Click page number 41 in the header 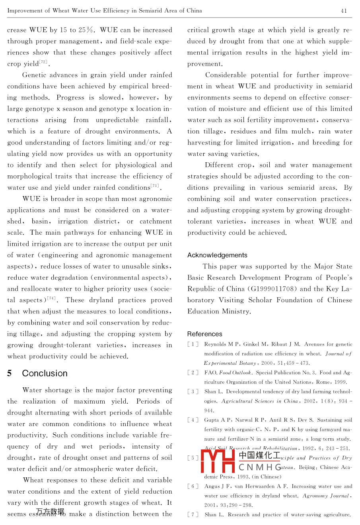pyautogui.click(x=344, y=11)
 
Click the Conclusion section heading pyautogui.click(x=45, y=373)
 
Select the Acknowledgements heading pyautogui.click(x=217, y=255)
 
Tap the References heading pyautogui.click(x=205, y=334)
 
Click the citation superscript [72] pyautogui.click(x=43, y=62)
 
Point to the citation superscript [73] pyautogui.click(x=154, y=186)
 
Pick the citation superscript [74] pyautogui.click(x=51, y=298)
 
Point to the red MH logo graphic pyautogui.click(x=218, y=461)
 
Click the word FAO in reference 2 pyautogui.click(x=210, y=373)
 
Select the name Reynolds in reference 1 pyautogui.click(x=216, y=344)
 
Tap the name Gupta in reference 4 pyautogui.click(x=212, y=420)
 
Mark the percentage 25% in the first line pyautogui.click(x=86, y=30)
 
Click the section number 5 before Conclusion pyautogui.click(x=10, y=373)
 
